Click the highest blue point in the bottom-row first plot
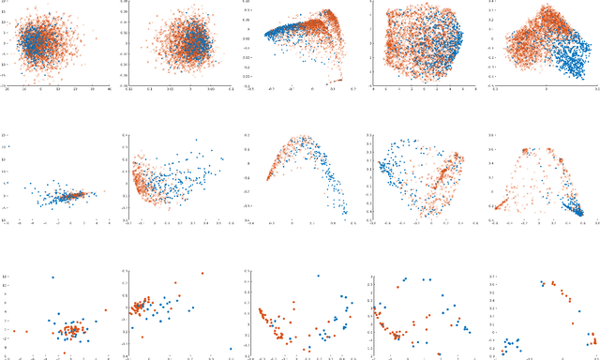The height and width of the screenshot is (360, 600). click(x=52, y=277)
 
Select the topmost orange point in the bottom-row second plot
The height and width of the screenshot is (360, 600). click(x=202, y=274)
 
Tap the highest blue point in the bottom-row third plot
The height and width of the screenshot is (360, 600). click(x=318, y=277)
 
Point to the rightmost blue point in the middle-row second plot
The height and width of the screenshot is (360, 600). click(x=223, y=158)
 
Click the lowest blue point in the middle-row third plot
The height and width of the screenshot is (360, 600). click(x=345, y=213)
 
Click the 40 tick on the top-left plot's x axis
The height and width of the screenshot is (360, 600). click(x=110, y=89)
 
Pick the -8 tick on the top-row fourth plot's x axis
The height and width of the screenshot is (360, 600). click(x=373, y=89)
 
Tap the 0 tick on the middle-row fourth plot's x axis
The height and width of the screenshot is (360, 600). click(x=424, y=223)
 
